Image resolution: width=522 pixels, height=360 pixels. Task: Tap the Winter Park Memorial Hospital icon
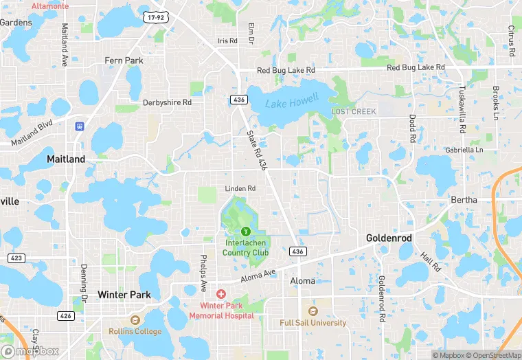pos(220,294)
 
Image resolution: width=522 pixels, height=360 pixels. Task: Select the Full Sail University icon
pos(313,311)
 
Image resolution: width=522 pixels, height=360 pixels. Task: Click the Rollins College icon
pos(135,320)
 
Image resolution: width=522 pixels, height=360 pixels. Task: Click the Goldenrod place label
pos(389,238)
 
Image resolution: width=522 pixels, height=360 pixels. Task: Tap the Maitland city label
pos(66,159)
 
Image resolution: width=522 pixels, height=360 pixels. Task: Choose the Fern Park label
pos(124,60)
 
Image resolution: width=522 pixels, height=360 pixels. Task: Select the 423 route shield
pos(16,258)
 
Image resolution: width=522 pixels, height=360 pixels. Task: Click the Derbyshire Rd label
pos(167,102)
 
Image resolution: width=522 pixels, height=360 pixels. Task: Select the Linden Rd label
pos(240,188)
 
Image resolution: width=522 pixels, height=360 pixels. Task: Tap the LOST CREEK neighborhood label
pos(354,111)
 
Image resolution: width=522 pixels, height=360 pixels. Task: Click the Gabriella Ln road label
pos(465,149)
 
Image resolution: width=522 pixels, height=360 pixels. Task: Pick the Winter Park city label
pos(124,294)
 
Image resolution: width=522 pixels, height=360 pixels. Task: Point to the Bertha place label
pos(464,200)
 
